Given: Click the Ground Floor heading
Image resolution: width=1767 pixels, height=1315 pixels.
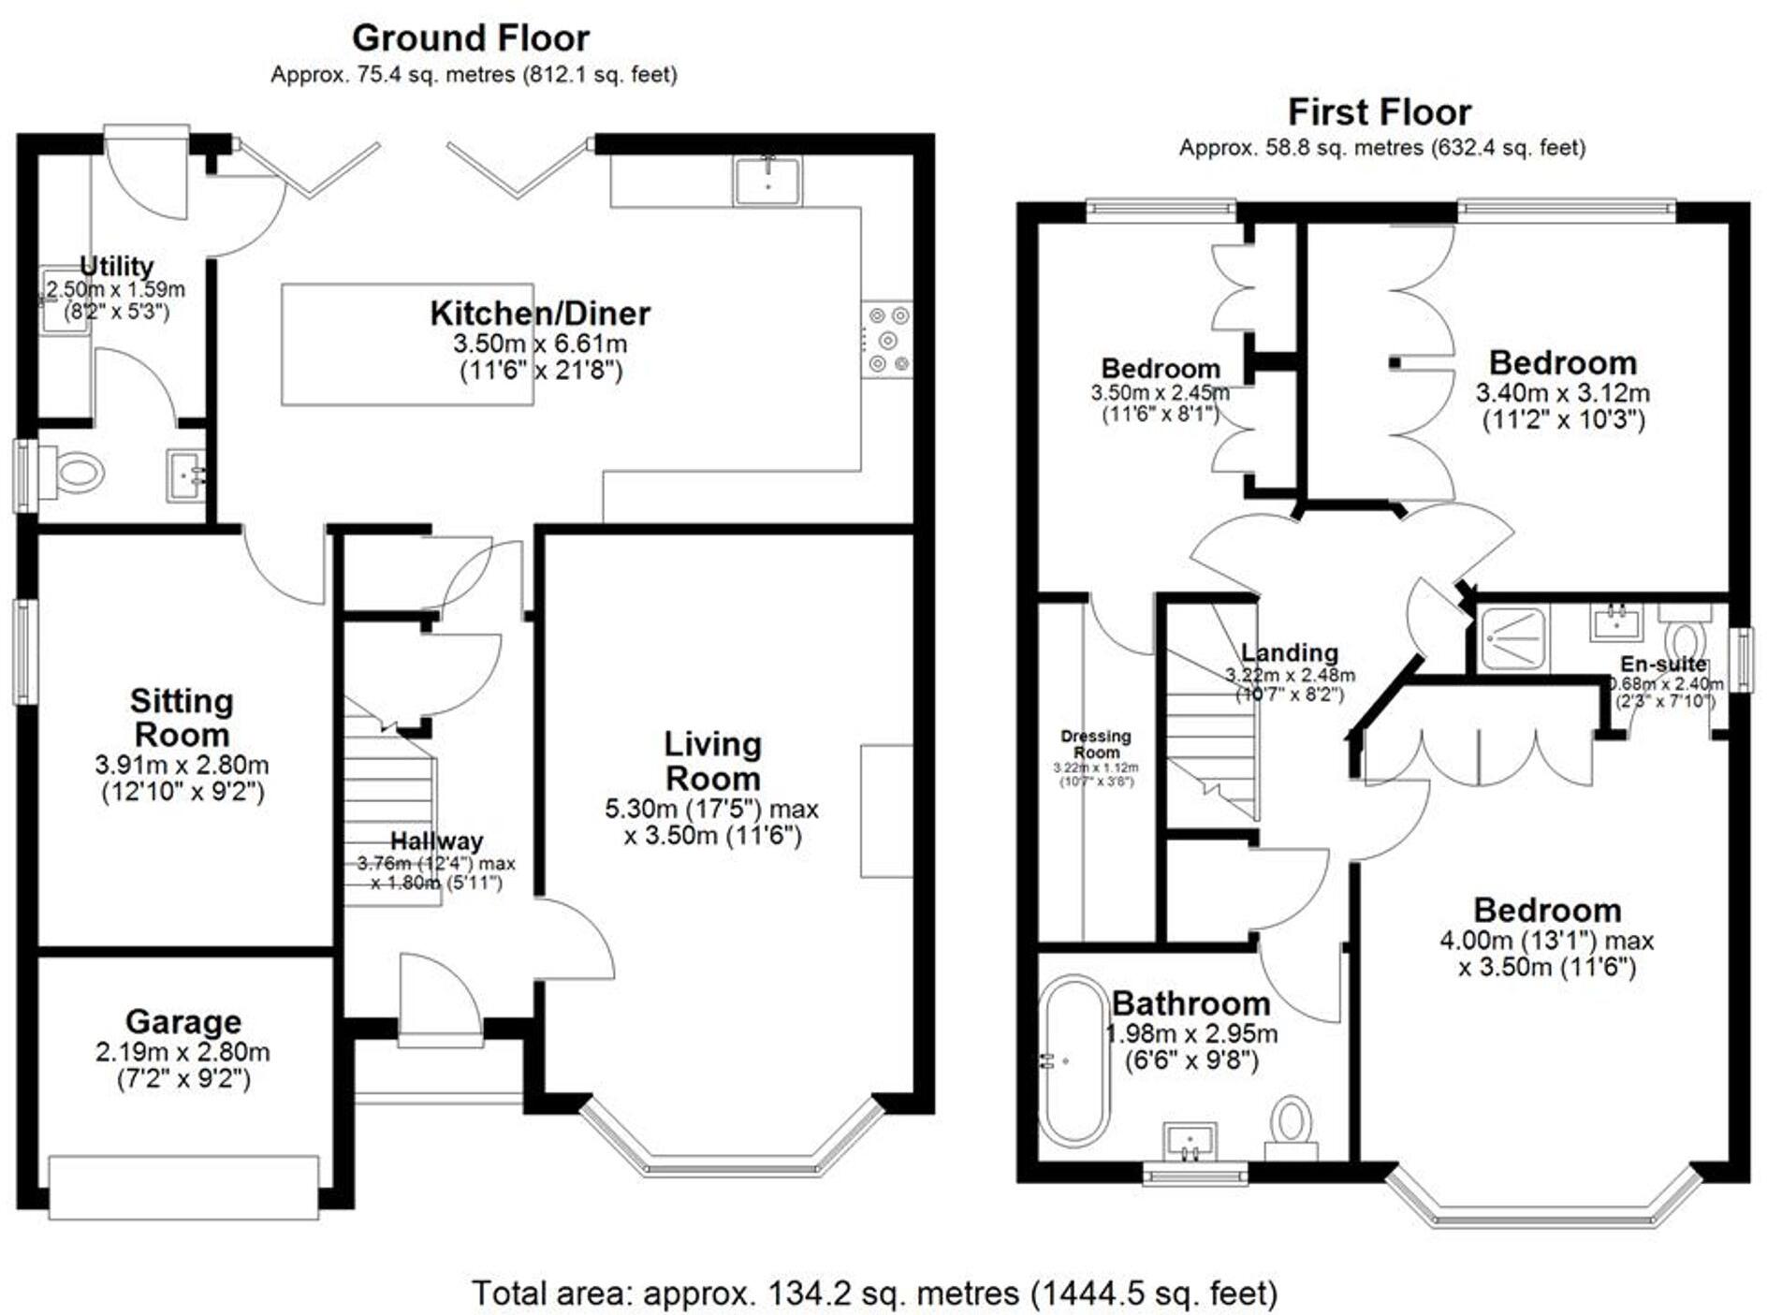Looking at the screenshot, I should (x=471, y=38).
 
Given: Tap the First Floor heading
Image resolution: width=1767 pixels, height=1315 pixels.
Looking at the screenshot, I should (x=1380, y=112).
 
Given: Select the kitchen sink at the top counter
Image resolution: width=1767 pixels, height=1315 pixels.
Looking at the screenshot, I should (x=767, y=181).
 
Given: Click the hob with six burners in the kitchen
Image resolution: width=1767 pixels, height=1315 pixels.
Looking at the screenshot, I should (x=887, y=339).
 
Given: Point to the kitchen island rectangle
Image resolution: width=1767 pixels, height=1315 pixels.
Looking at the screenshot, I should (x=407, y=344).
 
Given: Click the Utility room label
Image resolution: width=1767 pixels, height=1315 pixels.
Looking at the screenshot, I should (x=116, y=266).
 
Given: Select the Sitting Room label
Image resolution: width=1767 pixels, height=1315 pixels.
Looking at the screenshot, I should (x=181, y=717).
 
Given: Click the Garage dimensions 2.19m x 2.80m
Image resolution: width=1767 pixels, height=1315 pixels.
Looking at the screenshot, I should (x=183, y=1053).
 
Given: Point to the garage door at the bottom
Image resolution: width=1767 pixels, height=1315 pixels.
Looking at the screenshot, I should (x=183, y=1187).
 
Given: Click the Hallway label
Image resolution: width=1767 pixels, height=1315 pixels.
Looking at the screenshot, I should (x=436, y=840).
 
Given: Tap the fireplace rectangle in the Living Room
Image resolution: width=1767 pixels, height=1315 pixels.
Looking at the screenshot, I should (x=886, y=811).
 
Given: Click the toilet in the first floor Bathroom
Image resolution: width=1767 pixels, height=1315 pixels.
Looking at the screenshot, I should (x=1292, y=1123).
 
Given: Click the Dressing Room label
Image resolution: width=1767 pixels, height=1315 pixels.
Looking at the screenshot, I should (x=1096, y=744).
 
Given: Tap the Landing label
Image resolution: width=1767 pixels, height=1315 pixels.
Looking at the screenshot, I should (x=1289, y=652).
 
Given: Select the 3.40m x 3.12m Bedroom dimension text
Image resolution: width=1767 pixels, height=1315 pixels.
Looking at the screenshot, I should (x=1562, y=393).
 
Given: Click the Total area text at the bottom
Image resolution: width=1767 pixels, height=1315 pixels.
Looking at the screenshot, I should (x=874, y=1293).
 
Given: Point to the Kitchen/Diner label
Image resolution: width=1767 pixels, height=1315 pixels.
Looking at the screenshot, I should (x=540, y=314).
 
